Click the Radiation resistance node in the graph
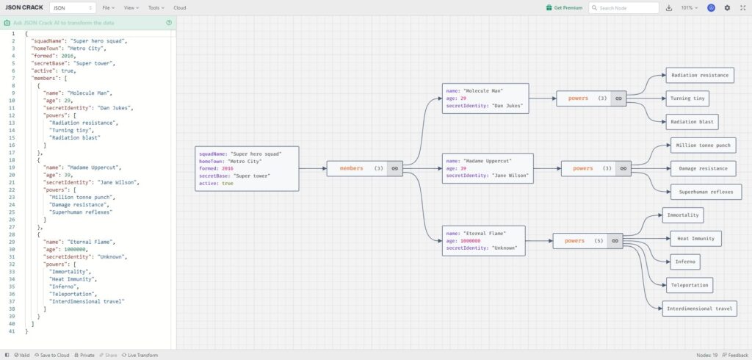[700, 76]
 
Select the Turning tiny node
[687, 98]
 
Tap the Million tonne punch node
[703, 145]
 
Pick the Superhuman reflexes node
[706, 192]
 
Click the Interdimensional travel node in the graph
[700, 309]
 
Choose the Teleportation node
[689, 285]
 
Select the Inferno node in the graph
[685, 262]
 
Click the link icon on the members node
[394, 168]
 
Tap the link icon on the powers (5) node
[615, 241]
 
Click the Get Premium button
[564, 7]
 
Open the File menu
[108, 7]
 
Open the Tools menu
[156, 7]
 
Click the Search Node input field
[623, 7]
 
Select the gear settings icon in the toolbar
[727, 7]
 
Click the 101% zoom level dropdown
[689, 7]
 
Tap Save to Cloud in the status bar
[52, 355]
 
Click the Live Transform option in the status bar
[140, 355]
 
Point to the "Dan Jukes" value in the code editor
[117, 108]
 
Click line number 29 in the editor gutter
[12, 242]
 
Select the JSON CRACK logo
[24, 7]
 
